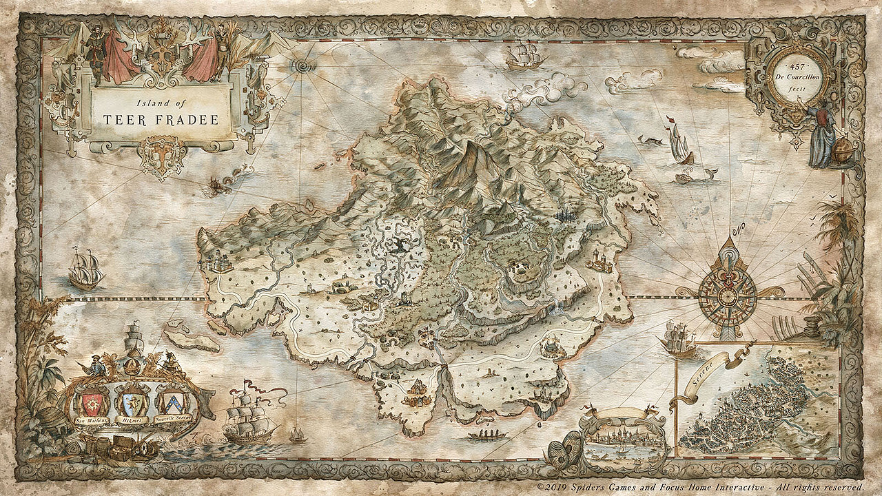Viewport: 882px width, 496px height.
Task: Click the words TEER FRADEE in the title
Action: [161, 119]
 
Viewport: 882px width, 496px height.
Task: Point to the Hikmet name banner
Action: [132, 419]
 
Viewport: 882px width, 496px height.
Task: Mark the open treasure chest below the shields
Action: [121, 446]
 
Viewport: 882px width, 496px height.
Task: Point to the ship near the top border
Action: [524, 55]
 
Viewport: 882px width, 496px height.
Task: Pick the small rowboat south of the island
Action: [487, 435]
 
